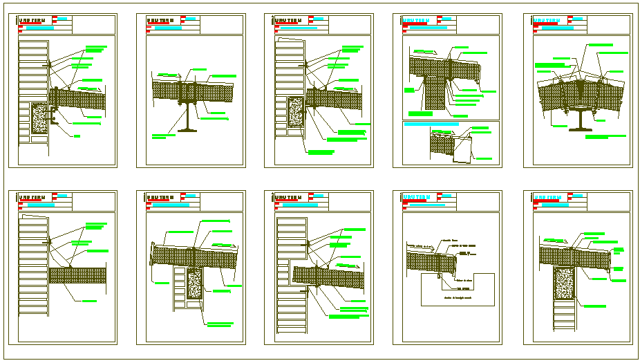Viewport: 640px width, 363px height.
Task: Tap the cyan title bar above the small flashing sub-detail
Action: (x=431, y=124)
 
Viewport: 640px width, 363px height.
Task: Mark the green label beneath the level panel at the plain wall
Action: (x=89, y=301)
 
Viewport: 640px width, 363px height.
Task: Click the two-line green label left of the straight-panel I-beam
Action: (x=158, y=136)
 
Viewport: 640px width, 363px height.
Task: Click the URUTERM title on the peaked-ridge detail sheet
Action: (x=546, y=21)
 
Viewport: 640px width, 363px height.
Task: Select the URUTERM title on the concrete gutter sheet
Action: (x=416, y=196)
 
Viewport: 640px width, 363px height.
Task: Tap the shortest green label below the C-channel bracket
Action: (x=77, y=136)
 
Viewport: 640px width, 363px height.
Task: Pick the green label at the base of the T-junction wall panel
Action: (x=419, y=113)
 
